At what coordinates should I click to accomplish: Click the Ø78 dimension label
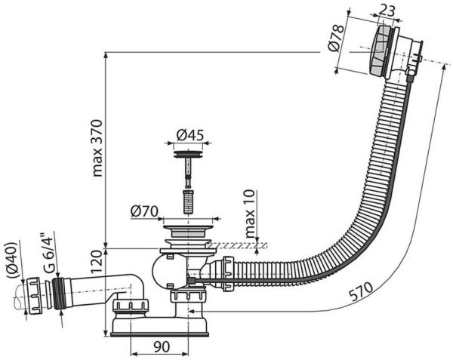tap(336, 38)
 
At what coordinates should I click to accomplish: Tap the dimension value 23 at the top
tap(387, 11)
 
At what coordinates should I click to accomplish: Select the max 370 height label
tap(97, 148)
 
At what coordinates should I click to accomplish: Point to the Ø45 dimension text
tap(190, 135)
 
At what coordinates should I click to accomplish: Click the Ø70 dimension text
tap(144, 211)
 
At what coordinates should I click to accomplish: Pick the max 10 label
tap(250, 214)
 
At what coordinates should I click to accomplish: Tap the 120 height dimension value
tap(97, 262)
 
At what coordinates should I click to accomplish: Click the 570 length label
tap(361, 291)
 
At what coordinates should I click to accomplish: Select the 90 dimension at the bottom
tap(162, 346)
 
